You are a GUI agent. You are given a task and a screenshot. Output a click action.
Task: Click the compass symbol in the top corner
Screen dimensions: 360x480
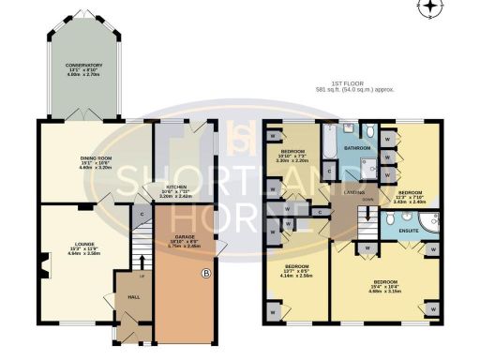(x=429, y=8)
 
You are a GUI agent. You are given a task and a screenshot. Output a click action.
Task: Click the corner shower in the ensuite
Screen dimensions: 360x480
(x=428, y=223)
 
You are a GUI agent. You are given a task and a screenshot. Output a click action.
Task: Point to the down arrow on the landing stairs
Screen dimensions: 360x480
(x=367, y=200)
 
